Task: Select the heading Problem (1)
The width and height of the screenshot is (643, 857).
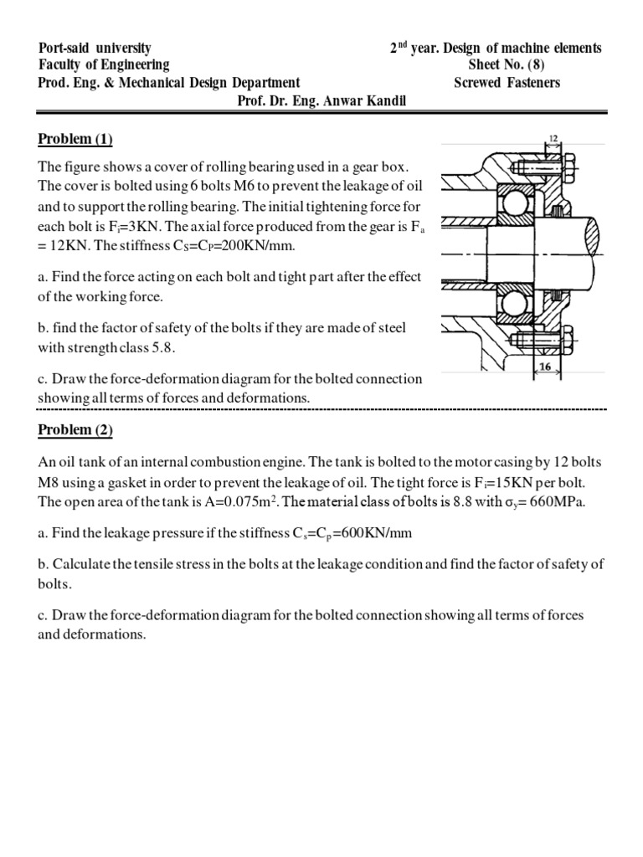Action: coord(75,139)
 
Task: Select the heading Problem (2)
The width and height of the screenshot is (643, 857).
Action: coord(75,430)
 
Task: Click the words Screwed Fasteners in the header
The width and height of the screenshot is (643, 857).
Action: coord(507,82)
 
